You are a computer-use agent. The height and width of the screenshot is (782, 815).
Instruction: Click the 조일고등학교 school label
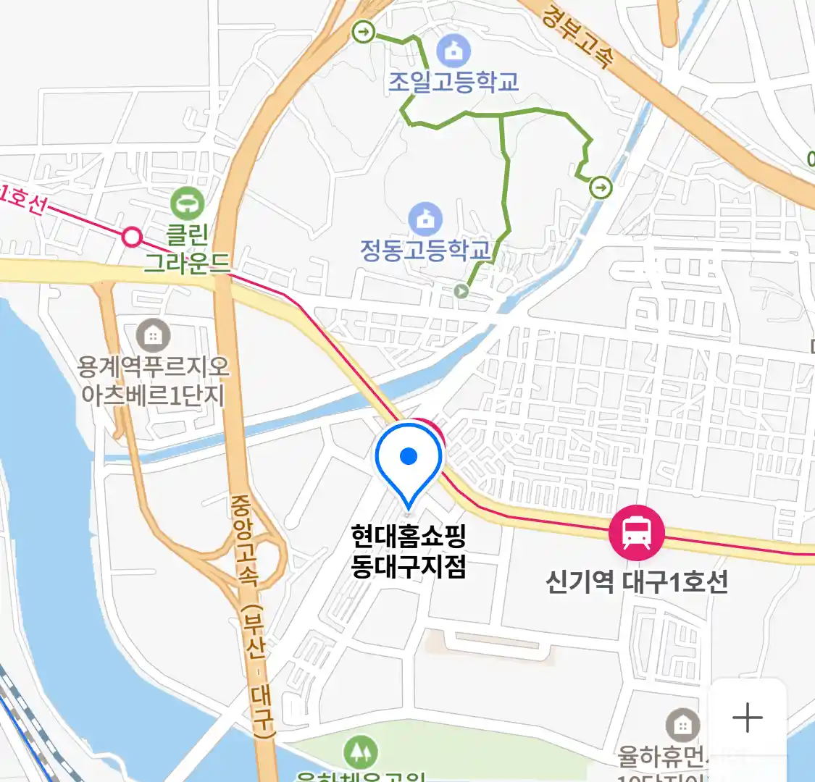pos(454,82)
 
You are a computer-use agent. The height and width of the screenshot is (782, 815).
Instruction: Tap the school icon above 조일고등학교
pos(454,51)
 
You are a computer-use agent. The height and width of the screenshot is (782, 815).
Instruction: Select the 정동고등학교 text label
pos(426,250)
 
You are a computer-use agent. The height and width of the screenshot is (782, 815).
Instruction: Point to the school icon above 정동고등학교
pos(425,218)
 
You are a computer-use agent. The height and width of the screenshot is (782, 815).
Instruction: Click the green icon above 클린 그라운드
pos(188,203)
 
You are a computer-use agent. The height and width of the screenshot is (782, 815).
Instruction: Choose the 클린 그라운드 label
pos(187,248)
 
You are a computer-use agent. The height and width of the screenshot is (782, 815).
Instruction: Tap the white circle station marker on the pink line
pos(132,237)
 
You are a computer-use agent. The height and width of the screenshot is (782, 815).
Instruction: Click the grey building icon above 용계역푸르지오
pos(153,335)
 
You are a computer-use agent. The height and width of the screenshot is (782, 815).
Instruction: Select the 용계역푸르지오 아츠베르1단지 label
pos(154,381)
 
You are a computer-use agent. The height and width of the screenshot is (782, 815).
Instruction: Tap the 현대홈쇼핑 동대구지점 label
pos(409,551)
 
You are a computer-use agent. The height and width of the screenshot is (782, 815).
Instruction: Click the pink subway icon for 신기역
pos(636,532)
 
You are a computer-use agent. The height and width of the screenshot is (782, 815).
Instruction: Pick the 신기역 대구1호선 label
pos(636,582)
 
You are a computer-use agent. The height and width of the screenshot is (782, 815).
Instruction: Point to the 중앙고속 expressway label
pos(246,539)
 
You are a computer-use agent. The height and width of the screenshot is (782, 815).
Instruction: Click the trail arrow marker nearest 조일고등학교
pos(363,32)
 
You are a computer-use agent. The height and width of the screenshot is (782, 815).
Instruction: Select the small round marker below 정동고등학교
pos(461,291)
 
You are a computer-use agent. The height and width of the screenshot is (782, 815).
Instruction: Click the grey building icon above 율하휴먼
pos(682,724)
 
